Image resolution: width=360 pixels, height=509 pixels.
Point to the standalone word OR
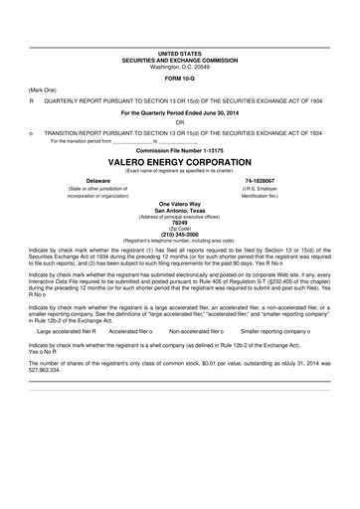point(179,121)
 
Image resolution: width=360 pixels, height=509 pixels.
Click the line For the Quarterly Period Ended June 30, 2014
point(179,112)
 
